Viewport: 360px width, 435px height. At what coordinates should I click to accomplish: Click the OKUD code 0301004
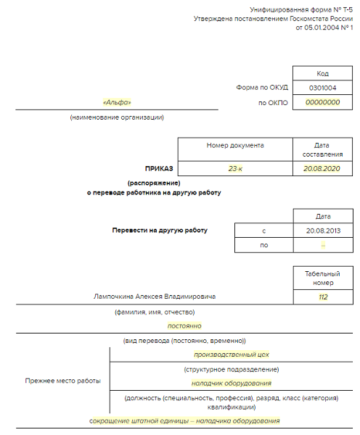click(x=322, y=88)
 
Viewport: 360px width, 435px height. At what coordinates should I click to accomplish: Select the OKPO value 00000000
click(x=322, y=102)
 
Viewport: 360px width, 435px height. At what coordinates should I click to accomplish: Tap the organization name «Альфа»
click(x=117, y=102)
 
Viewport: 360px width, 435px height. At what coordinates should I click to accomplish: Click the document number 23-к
click(x=235, y=169)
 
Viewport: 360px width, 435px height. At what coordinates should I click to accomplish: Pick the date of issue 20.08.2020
click(x=322, y=169)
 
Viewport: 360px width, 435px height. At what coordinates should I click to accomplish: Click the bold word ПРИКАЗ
click(x=159, y=169)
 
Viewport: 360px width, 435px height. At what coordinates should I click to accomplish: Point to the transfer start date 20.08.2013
click(x=323, y=231)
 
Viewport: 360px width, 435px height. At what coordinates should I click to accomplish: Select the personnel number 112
click(x=323, y=297)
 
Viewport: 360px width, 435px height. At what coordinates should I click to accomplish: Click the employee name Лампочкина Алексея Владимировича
click(x=155, y=297)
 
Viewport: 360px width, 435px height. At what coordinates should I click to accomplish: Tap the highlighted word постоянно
click(x=184, y=326)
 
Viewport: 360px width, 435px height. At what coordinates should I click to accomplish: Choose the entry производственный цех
click(x=232, y=355)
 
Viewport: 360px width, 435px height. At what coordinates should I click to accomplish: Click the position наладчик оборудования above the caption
click(x=231, y=384)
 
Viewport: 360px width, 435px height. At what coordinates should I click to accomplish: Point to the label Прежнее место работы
click(x=62, y=381)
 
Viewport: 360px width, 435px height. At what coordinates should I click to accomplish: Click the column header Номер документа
click(x=235, y=146)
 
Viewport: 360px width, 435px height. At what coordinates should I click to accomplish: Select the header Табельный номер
click(x=322, y=278)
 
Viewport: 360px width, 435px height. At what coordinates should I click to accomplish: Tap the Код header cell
click(x=322, y=73)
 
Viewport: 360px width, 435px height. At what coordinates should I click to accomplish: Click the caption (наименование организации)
click(x=117, y=117)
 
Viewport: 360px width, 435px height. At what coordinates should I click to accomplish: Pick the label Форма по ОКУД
click(x=262, y=88)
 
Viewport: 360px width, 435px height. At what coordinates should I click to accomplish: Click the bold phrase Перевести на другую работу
click(x=160, y=231)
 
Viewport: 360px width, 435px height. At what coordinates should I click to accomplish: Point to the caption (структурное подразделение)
click(x=232, y=370)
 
